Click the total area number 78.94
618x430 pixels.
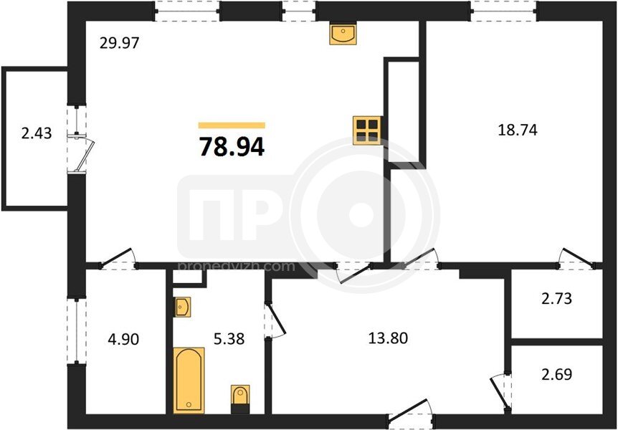(x=232, y=147)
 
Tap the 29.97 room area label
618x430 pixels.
(x=120, y=42)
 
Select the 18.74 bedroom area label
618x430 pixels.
(x=518, y=130)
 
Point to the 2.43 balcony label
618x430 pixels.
(x=37, y=133)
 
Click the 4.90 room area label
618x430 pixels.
(x=123, y=339)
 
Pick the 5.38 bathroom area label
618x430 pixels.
(x=229, y=338)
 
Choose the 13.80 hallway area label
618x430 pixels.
(x=388, y=338)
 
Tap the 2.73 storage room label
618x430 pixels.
(x=556, y=298)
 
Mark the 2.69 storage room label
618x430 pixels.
(x=556, y=374)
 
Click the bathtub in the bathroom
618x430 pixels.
(x=189, y=380)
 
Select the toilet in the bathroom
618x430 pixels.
(x=240, y=399)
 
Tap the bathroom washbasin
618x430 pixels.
(x=183, y=307)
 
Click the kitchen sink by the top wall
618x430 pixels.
(x=343, y=33)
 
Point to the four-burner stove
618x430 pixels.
(x=367, y=130)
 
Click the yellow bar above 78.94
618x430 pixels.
(x=232, y=125)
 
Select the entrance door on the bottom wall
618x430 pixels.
(x=410, y=413)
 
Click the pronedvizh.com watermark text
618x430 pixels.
(x=237, y=267)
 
